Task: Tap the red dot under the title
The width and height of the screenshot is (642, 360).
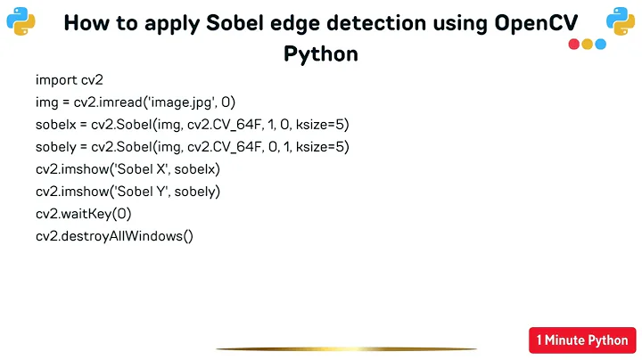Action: point(573,44)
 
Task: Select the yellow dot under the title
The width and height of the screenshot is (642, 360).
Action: point(587,44)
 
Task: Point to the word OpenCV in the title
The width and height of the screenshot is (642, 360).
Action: point(540,24)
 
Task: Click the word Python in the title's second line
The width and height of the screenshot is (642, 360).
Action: point(321,53)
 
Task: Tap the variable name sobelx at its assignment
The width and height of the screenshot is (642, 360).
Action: point(56,124)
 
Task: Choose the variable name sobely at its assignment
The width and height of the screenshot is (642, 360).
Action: point(56,146)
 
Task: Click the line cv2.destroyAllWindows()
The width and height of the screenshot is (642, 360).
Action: point(114,235)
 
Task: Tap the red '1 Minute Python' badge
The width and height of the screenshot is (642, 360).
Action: point(583,340)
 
